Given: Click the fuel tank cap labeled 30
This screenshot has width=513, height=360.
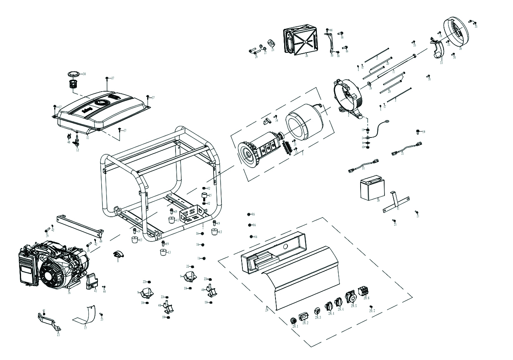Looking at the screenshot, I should point(74,74).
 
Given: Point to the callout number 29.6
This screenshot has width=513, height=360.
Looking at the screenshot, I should point(366,298).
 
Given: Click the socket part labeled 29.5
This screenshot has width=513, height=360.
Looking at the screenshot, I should point(351,297).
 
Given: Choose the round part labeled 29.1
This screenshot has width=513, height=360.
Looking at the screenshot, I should point(293,321).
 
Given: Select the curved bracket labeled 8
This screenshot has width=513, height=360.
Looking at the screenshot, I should point(117,254).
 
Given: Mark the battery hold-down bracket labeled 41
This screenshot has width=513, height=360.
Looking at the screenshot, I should point(396,202).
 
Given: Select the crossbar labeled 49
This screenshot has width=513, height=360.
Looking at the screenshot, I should point(78,225).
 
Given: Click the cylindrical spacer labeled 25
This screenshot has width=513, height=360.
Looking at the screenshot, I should point(204,195).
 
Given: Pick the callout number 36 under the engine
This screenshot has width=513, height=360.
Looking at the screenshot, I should point(69,293).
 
